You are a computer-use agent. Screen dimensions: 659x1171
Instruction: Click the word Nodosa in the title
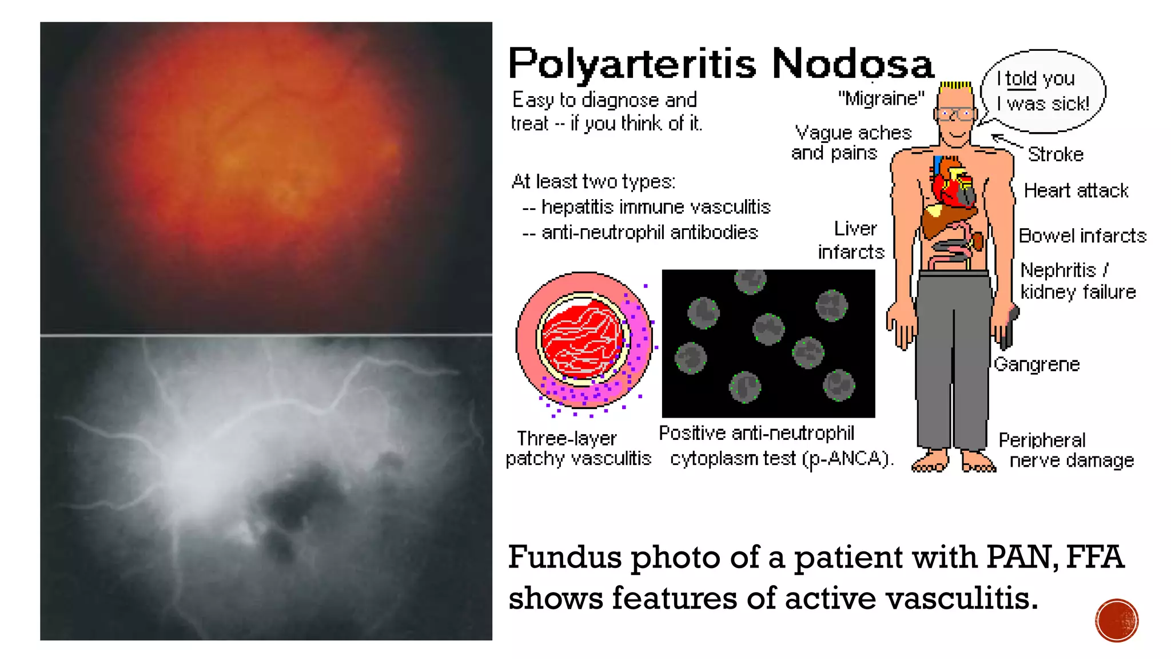pyautogui.click(x=853, y=63)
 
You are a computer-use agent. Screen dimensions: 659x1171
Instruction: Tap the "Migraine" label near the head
pyautogui.click(x=881, y=99)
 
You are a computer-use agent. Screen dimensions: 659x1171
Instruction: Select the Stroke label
pyautogui.click(x=1056, y=154)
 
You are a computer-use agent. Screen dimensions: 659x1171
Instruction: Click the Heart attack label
pyautogui.click(x=1076, y=190)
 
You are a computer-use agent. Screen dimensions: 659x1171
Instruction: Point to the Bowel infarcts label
pyautogui.click(x=1082, y=236)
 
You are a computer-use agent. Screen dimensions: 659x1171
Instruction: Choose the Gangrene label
pyautogui.click(x=1037, y=364)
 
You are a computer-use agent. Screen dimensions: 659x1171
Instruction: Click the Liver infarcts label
pyautogui.click(x=851, y=240)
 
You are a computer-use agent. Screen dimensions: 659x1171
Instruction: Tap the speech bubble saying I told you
pyautogui.click(x=1043, y=91)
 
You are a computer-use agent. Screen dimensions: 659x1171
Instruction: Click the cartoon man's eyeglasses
pyautogui.click(x=955, y=114)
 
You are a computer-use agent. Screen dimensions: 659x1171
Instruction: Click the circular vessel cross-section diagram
pyautogui.click(x=584, y=340)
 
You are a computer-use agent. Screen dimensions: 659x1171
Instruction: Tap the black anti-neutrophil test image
pyautogui.click(x=768, y=343)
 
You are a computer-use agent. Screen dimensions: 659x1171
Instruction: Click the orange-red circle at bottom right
pyautogui.click(x=1117, y=620)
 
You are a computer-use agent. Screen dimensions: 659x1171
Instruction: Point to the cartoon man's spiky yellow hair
pyautogui.click(x=955, y=86)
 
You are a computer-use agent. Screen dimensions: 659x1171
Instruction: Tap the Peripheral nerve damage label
pyautogui.click(x=1066, y=450)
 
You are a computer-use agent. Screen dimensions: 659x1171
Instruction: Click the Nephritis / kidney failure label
pyautogui.click(x=1077, y=281)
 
